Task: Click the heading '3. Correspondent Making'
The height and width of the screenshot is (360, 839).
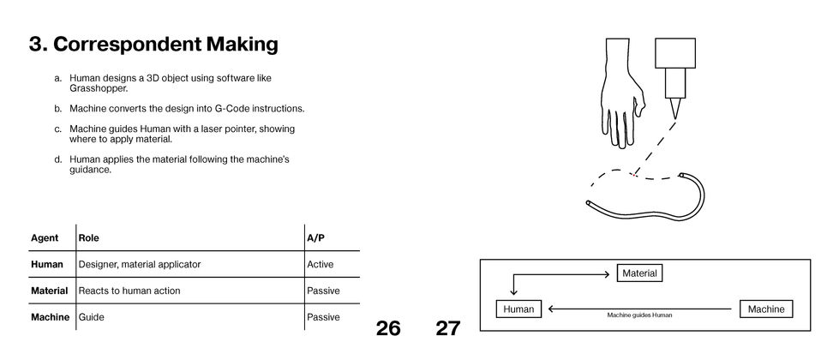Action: [x=153, y=44]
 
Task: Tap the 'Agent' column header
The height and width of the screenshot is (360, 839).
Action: [x=45, y=237]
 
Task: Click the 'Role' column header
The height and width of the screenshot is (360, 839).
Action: [x=88, y=237]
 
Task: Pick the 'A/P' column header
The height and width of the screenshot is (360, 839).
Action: [x=315, y=237]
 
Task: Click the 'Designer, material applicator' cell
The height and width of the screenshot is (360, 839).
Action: [x=140, y=264]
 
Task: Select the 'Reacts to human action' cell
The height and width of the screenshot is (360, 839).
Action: [x=129, y=291]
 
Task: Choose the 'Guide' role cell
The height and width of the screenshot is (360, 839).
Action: [x=91, y=317]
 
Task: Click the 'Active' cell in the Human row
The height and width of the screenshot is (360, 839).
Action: [x=321, y=264]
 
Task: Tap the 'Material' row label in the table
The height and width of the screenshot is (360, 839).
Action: [x=49, y=291]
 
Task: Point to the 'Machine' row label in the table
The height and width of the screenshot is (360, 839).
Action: [x=49, y=317]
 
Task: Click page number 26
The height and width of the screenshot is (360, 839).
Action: [x=388, y=327]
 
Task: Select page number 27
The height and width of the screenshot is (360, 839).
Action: [x=447, y=327]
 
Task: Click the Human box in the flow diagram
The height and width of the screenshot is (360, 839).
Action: [x=518, y=309]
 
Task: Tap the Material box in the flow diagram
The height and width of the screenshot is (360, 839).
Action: [x=639, y=273]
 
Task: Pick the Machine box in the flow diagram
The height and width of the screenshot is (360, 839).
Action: [x=765, y=309]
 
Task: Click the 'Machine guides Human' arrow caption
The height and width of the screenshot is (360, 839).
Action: [x=639, y=315]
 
